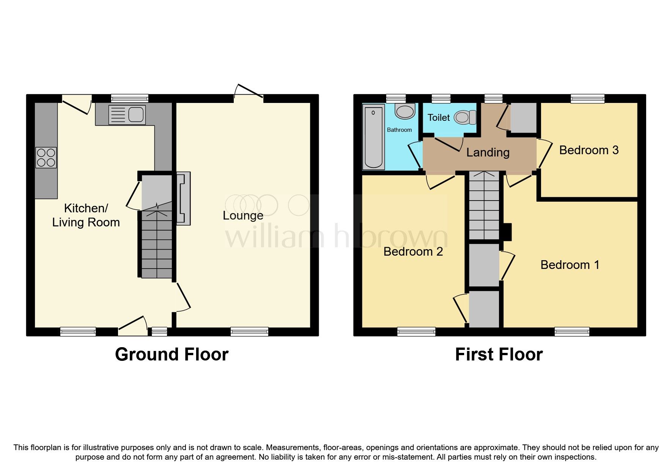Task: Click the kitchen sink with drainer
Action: click(x=127, y=115)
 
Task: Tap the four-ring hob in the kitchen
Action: click(x=46, y=158)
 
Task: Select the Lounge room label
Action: click(x=243, y=215)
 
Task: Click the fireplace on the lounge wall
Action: click(x=183, y=199)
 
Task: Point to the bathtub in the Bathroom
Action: click(x=374, y=137)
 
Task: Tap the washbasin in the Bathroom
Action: click(x=405, y=111)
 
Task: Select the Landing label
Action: click(x=488, y=152)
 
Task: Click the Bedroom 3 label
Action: click(x=589, y=150)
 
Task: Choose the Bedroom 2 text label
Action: click(x=413, y=251)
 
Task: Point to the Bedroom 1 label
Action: click(x=570, y=265)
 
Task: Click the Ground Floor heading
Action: click(x=172, y=354)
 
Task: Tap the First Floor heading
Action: click(x=499, y=354)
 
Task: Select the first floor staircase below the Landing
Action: click(x=484, y=205)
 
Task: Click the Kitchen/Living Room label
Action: click(x=86, y=215)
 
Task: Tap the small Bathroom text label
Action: click(x=399, y=130)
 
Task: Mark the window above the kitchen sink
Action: click(x=129, y=99)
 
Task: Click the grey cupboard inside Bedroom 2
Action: click(x=484, y=309)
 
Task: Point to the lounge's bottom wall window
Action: click(x=249, y=332)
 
